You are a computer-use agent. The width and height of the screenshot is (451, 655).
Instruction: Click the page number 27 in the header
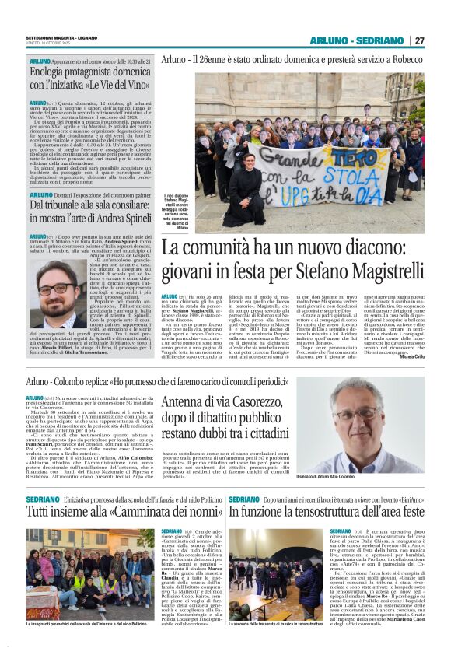(x=419, y=40)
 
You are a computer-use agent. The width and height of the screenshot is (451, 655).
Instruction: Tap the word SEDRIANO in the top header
(x=380, y=40)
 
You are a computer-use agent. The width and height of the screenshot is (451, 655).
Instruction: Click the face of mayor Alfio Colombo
(x=341, y=413)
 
